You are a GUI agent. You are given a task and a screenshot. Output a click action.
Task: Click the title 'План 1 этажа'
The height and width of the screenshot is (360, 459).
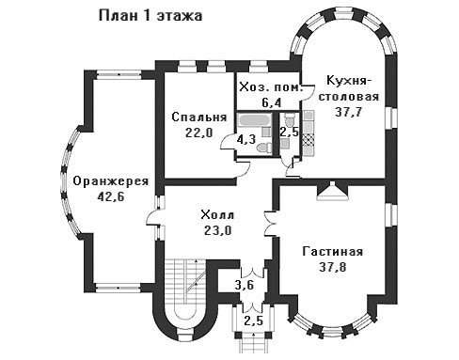[x=150, y=16]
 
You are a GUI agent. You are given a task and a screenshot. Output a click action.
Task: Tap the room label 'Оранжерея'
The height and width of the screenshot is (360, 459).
[x=111, y=181]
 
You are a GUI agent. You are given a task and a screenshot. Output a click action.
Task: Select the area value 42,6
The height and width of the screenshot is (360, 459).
[x=111, y=197]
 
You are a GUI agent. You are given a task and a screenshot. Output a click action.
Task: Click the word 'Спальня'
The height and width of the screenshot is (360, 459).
[x=199, y=117]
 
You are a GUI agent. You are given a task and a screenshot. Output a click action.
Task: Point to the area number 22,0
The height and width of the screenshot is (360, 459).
[x=199, y=133]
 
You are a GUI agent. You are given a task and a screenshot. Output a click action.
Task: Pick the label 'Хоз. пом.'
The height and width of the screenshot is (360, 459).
[x=272, y=87]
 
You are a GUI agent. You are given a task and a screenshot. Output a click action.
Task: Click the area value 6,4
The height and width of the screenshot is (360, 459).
[x=272, y=102]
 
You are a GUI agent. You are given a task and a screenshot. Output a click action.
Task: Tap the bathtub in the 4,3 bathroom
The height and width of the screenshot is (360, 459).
[x=255, y=120]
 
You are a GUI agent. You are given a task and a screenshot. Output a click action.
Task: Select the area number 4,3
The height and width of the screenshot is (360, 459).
[x=245, y=140]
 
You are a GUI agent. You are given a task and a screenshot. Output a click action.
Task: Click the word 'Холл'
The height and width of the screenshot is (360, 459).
[x=217, y=215]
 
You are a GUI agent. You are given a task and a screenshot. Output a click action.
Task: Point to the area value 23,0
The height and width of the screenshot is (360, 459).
[x=217, y=231]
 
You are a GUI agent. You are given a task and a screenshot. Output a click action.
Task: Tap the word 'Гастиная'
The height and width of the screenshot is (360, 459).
[x=333, y=252]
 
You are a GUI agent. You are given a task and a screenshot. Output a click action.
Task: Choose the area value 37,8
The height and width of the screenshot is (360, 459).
[x=333, y=267]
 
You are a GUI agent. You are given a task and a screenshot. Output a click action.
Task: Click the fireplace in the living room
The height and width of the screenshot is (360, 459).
[x=332, y=192]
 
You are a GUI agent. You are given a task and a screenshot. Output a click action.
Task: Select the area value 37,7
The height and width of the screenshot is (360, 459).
[x=348, y=112]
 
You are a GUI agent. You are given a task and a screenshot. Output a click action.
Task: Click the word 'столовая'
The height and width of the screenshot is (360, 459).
[x=348, y=97]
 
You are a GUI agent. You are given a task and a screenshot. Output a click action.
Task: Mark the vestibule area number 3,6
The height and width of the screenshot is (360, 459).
[x=245, y=286]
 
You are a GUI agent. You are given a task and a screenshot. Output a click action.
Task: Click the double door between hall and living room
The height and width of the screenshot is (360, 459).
[x=270, y=223]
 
